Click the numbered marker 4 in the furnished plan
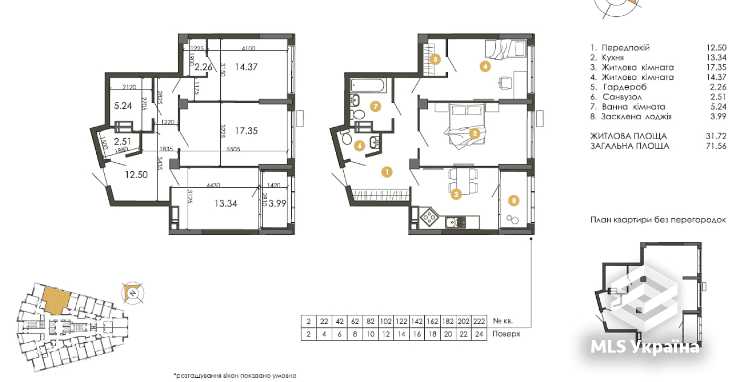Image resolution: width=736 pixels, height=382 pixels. pos(485,66)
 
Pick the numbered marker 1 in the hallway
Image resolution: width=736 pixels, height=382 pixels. pos(387,171)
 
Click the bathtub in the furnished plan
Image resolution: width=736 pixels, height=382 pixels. pos(366,85)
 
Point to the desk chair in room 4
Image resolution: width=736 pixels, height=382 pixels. pos(504,82)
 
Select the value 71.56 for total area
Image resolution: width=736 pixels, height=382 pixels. pos(716,146)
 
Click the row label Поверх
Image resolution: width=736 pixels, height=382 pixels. pos(506,334)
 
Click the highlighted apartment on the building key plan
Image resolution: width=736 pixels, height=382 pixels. pos(55,299)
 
